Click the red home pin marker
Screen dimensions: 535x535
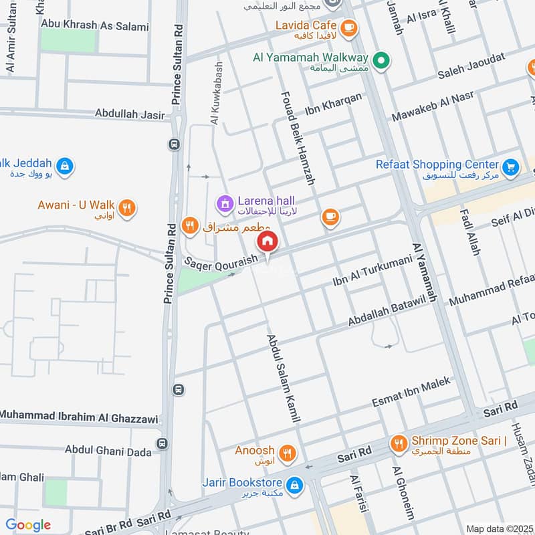pyautogui.click(x=267, y=241)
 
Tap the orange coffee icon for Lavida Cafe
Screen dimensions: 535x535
pyautogui.click(x=348, y=27)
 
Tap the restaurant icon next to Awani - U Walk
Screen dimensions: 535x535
pyautogui.click(x=129, y=207)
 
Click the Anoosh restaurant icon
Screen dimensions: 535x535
pyautogui.click(x=288, y=451)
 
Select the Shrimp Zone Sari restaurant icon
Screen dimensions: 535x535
pyautogui.click(x=399, y=442)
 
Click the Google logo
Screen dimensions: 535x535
pyautogui.click(x=28, y=525)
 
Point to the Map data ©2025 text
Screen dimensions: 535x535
pyautogui.click(x=498, y=528)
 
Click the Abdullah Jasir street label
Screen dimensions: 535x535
pyautogui.click(x=130, y=114)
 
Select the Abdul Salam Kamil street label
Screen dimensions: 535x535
pyautogui.click(x=282, y=378)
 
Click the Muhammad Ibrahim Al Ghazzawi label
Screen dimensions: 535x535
pyautogui.click(x=79, y=416)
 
